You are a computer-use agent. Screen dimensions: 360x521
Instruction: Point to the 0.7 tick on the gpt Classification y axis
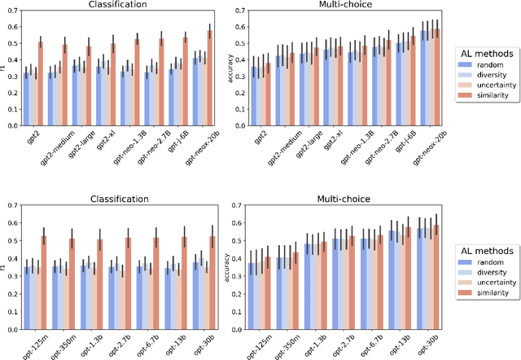[15, 15]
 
